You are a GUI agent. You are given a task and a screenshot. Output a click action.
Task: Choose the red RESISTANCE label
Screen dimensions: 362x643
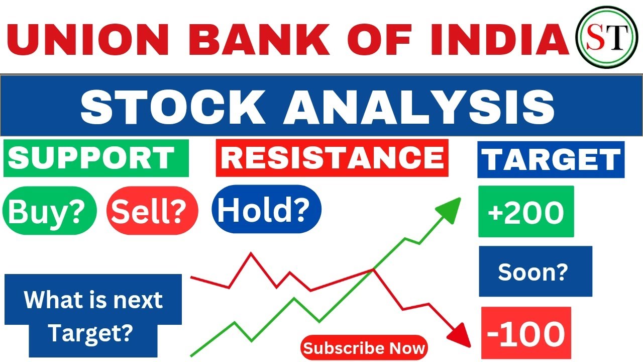coord(332,158)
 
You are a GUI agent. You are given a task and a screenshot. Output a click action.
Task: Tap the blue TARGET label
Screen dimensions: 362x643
coord(551,159)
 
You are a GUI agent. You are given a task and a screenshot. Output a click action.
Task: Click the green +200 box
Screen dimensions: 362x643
coord(526,212)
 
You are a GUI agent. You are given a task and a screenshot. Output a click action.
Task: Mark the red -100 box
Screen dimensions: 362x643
coord(526,333)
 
